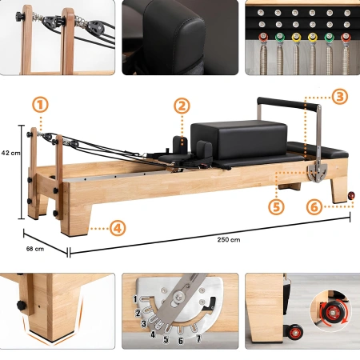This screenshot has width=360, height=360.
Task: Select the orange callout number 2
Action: click(182, 105)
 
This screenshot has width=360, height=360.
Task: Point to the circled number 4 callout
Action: click(118, 227)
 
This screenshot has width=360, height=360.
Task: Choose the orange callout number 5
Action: click(277, 206)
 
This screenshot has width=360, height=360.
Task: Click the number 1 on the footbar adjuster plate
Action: click(137, 298)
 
